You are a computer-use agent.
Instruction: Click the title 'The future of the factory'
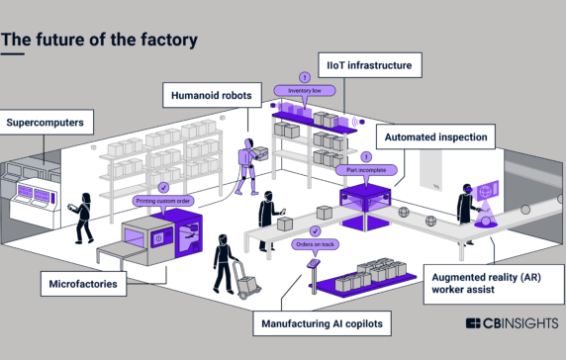click(x=98, y=40)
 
